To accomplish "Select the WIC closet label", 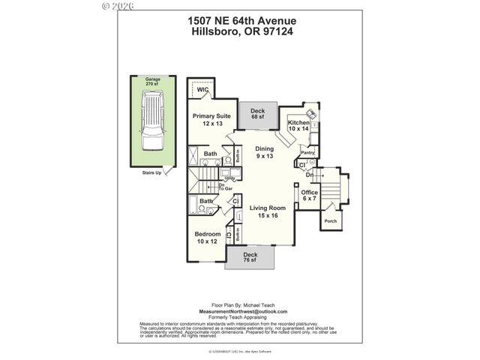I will pyautogui.click(x=202, y=91).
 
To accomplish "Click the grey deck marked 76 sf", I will pyautogui.click(x=250, y=259).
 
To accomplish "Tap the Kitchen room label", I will pyautogui.click(x=298, y=125).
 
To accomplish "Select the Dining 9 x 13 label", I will pyautogui.click(x=265, y=152).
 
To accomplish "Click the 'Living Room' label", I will pyautogui.click(x=268, y=211).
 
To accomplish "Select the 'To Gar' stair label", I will pyautogui.click(x=223, y=187).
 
